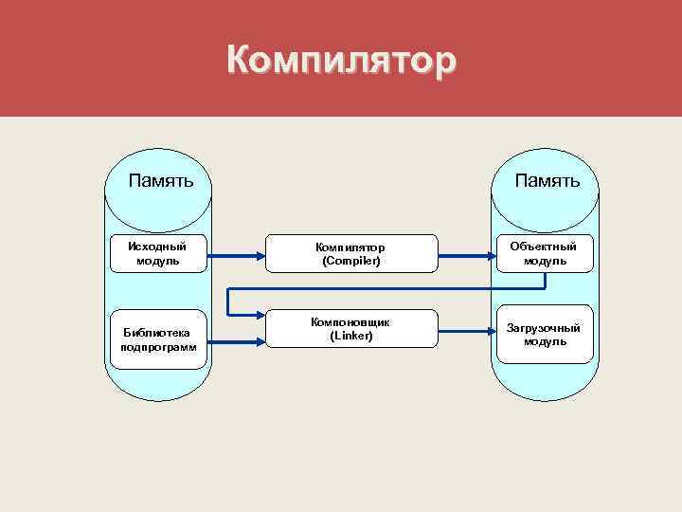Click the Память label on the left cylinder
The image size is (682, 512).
pyautogui.click(x=162, y=179)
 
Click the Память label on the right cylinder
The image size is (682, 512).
pyautogui.click(x=547, y=179)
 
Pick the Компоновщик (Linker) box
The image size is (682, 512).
pyautogui.click(x=350, y=330)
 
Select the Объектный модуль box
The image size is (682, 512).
pyautogui.click(x=543, y=253)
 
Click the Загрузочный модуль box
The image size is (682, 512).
pyautogui.click(x=543, y=334)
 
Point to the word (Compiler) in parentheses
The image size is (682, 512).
pyautogui.click(x=350, y=261)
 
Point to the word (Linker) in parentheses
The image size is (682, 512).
pyautogui.click(x=350, y=337)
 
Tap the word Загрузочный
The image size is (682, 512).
pyautogui.click(x=543, y=327)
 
